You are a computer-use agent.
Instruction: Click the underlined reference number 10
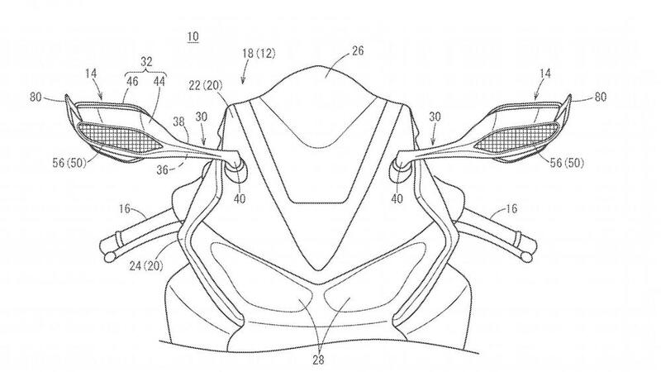tap(193, 36)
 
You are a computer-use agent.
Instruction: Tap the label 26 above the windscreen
tap(358, 51)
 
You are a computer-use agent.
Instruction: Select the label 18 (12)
tap(259, 54)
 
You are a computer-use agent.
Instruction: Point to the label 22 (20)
tap(205, 86)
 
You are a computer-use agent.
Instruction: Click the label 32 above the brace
tap(146, 62)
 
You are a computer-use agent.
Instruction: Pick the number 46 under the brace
tap(132, 81)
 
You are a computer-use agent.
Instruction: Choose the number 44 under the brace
tap(159, 81)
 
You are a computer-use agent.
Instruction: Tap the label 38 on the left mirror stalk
tap(179, 122)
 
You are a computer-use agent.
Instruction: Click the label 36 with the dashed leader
tap(163, 170)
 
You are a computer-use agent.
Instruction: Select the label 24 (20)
tap(146, 265)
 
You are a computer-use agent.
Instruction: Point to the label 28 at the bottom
tap(319, 360)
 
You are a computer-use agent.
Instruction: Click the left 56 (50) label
tap(69, 163)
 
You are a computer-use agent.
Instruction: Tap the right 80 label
tap(601, 97)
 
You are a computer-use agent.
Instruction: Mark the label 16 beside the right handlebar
tap(511, 209)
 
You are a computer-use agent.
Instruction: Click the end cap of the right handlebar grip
tap(526, 256)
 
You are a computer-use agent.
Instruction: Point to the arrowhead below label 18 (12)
tap(244, 82)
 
